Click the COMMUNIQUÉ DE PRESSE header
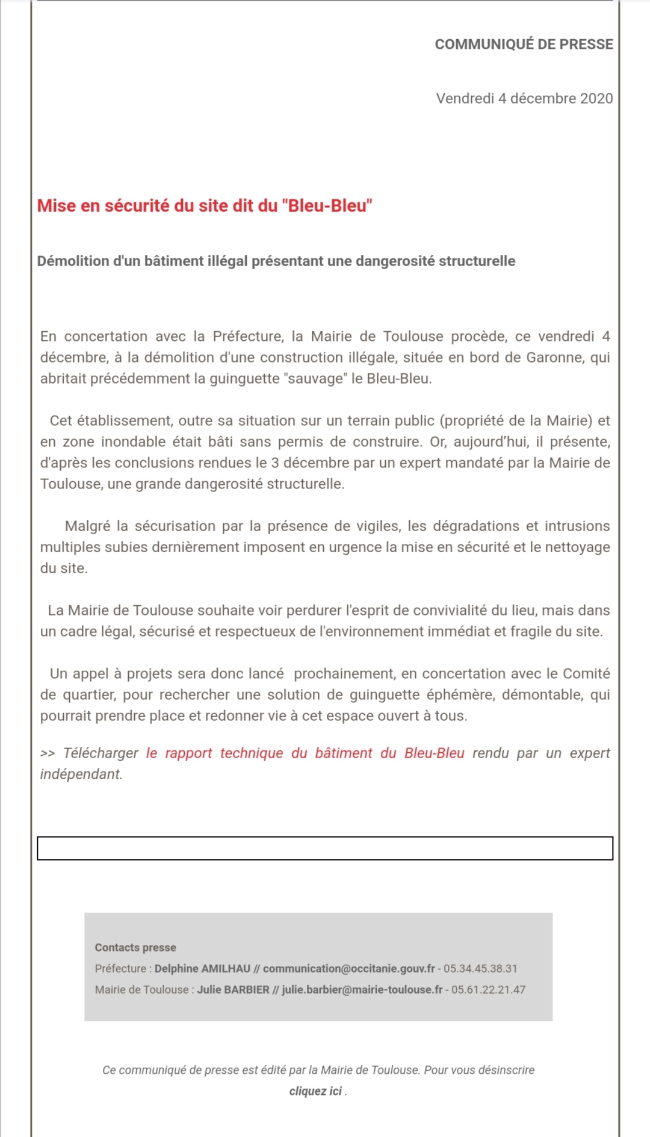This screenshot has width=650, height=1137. pos(524,45)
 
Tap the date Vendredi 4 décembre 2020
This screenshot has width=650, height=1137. pos(524,99)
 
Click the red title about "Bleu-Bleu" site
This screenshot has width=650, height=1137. pos(205,206)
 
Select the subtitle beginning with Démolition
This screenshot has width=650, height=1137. pos(276,261)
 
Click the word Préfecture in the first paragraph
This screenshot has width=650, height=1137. pos(247,337)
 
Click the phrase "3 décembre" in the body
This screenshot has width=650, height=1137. pos(310,463)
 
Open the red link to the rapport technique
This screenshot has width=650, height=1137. pos(305,753)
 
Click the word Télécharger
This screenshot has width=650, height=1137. pos(101,753)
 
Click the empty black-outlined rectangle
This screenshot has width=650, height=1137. pos(325,849)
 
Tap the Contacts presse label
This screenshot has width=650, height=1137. pos(135,947)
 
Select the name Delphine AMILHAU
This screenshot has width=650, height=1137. pos(202,968)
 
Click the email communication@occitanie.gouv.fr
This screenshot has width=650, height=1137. pos(349,968)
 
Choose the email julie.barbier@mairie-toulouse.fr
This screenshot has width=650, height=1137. pos(362,989)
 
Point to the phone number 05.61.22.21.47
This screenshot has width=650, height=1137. pos(488,989)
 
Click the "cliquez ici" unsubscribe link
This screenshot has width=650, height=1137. pos(315,1091)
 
